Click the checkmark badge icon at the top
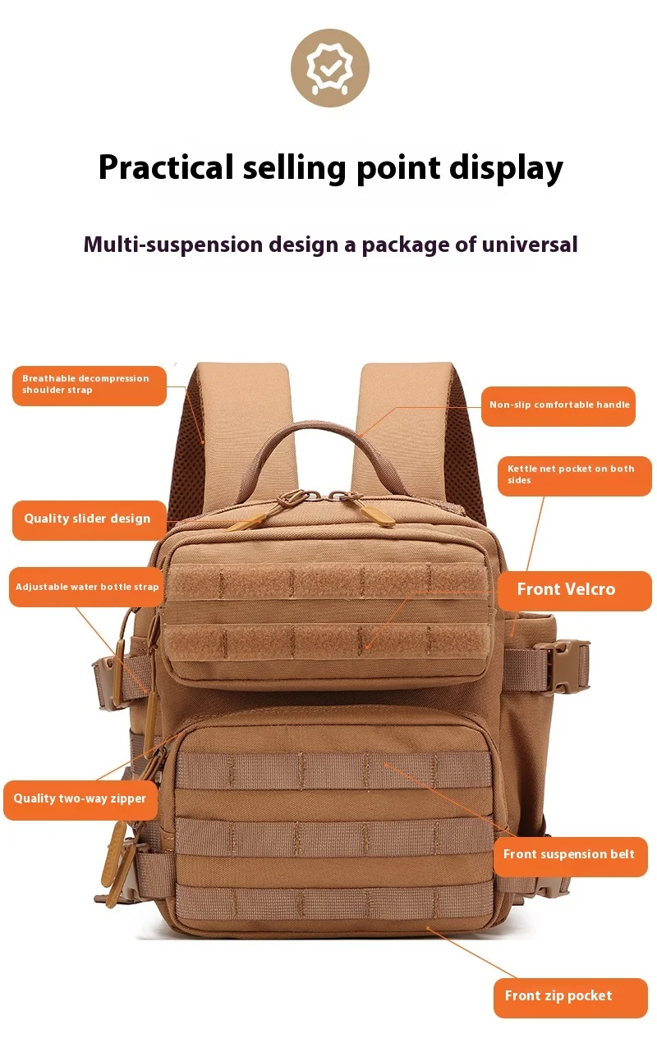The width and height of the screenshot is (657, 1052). point(329,68)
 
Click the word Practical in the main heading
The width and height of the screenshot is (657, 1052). point(166,167)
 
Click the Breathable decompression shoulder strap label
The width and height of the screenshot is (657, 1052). point(89,385)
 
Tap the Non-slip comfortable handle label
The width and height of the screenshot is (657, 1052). point(558,405)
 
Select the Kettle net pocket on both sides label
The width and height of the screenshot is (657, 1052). point(574,475)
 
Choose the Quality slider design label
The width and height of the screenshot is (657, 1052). point(89,519)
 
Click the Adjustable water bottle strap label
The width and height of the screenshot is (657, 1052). point(88,588)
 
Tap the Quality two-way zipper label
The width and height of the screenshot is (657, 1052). point(80,799)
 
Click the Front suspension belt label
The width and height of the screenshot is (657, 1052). point(569,855)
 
